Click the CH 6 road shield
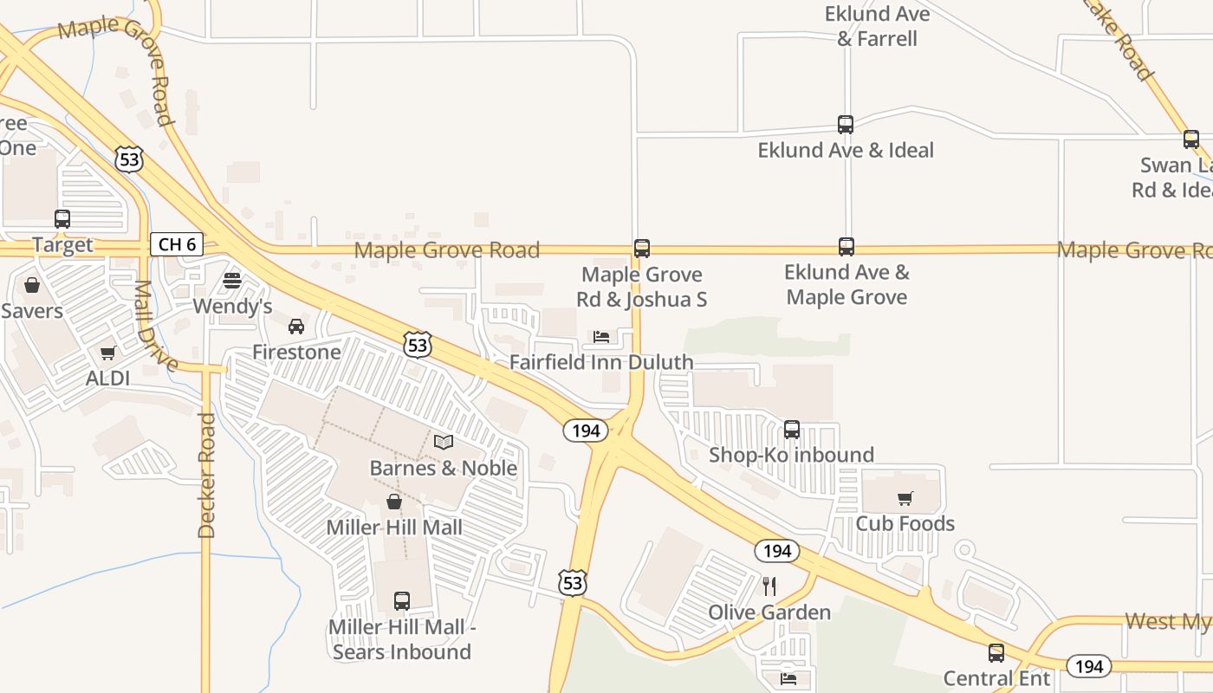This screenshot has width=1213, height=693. (x=177, y=244)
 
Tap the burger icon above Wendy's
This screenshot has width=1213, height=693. (x=231, y=281)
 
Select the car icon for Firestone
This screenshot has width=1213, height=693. (x=296, y=327)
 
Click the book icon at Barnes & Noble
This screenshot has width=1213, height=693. (x=444, y=442)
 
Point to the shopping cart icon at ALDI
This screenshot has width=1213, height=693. (x=108, y=353)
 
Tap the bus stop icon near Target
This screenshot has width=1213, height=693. (x=62, y=219)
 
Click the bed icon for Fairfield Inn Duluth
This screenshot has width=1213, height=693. (x=601, y=336)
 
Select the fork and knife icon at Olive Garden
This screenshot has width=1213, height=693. (x=769, y=586)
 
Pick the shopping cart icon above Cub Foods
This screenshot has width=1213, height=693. (x=905, y=498)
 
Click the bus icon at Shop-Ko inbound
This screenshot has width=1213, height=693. (x=792, y=430)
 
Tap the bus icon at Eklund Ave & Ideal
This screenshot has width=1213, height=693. (x=846, y=125)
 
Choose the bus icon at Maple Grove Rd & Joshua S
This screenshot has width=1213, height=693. (x=642, y=249)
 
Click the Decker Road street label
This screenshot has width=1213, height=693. (x=206, y=475)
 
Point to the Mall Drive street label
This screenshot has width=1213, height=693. (x=156, y=325)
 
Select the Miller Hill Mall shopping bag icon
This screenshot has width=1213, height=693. (x=394, y=502)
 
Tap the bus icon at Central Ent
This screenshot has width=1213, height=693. (x=996, y=653)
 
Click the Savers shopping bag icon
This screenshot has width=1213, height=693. (x=32, y=285)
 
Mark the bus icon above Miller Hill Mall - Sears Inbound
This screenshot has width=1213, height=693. (x=402, y=601)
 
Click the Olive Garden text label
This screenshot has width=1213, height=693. (x=769, y=612)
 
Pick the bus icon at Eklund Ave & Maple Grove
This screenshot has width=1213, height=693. (x=847, y=247)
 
